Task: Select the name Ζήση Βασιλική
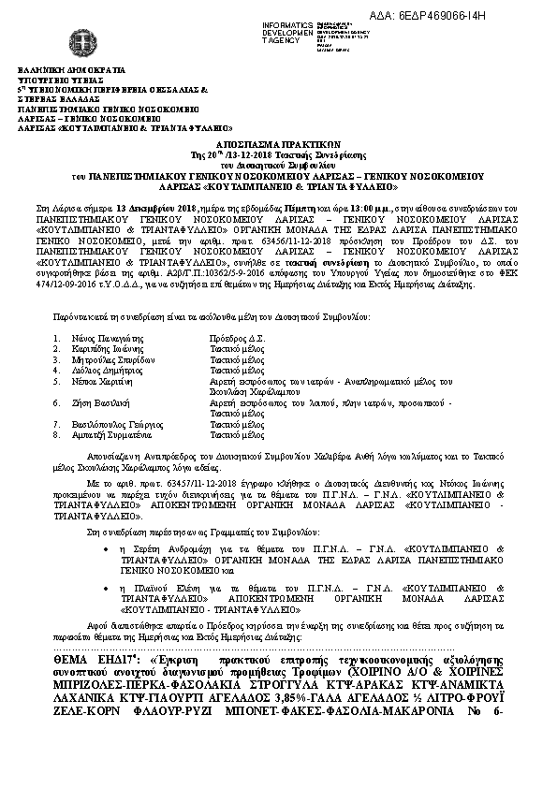point(98,401)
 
